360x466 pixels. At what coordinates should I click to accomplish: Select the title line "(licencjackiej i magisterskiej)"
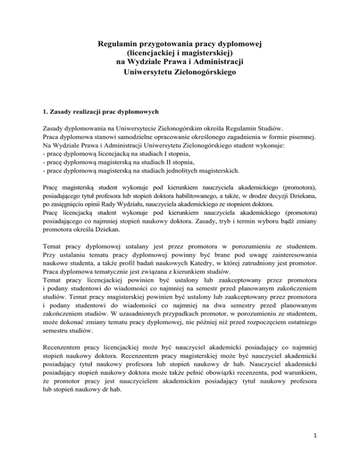[180, 54]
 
